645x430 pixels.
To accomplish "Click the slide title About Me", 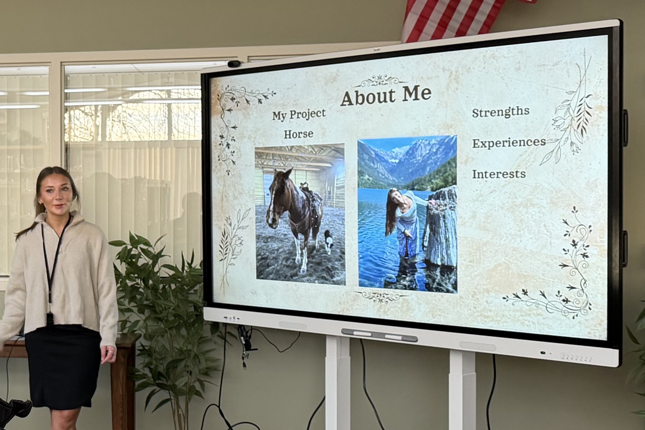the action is [x=386, y=95].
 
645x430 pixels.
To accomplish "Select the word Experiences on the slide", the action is [x=509, y=143].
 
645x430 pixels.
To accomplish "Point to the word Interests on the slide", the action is [x=499, y=174].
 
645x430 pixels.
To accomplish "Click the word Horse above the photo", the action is [x=298, y=134].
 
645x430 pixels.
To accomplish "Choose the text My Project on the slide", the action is [x=299, y=115].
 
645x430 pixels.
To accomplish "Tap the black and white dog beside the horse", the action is [x=328, y=241].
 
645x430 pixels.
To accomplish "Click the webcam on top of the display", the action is [x=234, y=64].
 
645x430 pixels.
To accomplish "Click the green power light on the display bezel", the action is [x=543, y=353].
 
